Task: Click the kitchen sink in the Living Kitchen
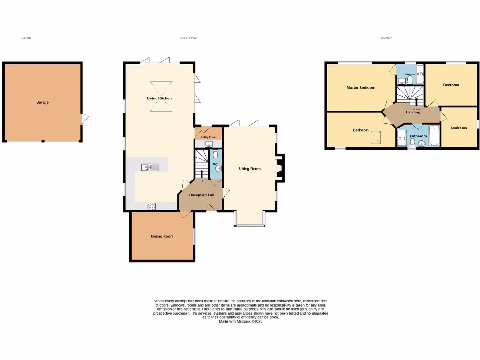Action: coord(150,167)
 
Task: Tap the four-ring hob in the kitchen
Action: coord(151,205)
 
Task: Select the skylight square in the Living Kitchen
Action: coord(161,97)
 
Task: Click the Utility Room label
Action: coord(208,137)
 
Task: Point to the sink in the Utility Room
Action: coord(209,144)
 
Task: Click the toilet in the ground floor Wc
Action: coord(216,154)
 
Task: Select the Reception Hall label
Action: coord(202,195)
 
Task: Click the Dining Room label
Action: coord(162,236)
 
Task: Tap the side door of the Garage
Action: coord(84,120)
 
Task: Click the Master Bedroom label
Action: coord(360,88)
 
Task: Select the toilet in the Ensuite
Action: coord(410,80)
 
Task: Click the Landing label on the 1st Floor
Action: coord(413,112)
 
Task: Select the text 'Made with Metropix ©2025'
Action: coord(240,321)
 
